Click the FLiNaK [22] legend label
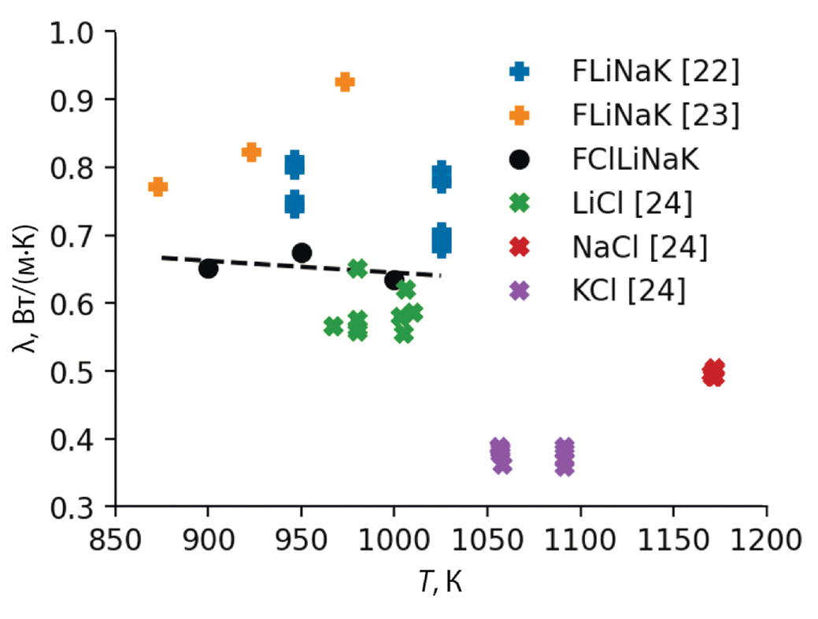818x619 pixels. click(x=655, y=72)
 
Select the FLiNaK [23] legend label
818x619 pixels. click(x=655, y=116)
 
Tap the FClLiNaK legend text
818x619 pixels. click(x=635, y=160)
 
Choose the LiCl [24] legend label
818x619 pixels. click(x=632, y=204)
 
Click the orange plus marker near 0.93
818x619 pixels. click(x=345, y=82)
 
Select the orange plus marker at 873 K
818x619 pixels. click(x=157, y=186)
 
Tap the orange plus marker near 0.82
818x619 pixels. click(x=251, y=153)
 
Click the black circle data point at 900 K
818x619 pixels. click(x=208, y=269)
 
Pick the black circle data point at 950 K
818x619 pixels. click(x=302, y=252)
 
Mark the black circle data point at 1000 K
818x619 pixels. click(x=394, y=280)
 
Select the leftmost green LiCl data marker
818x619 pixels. click(x=333, y=326)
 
